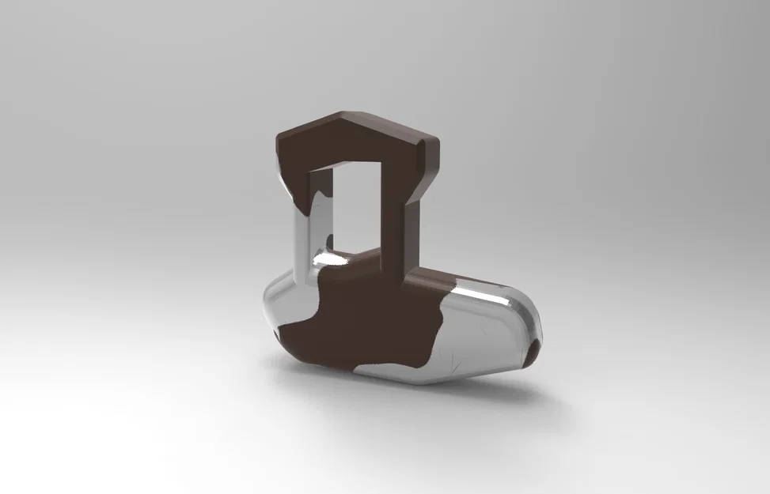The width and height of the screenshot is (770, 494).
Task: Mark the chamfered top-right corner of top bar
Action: coord(432,142)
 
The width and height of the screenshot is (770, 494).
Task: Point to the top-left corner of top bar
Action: coord(279,139)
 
